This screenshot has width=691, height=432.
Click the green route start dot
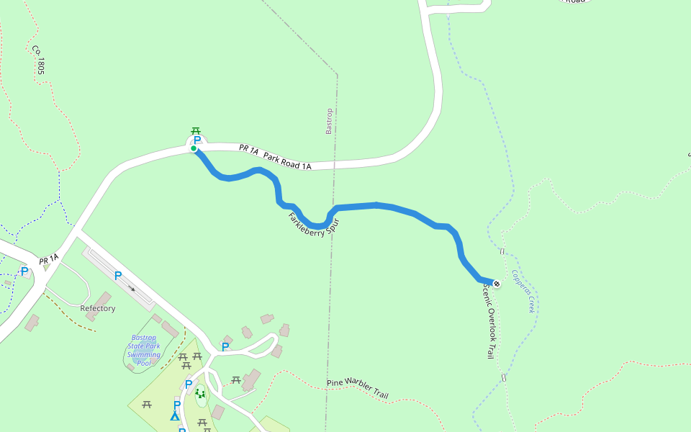[194, 149]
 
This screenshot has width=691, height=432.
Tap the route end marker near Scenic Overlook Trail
[496, 284]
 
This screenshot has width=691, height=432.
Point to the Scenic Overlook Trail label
[488, 321]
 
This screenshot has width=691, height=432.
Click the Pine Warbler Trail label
[358, 389]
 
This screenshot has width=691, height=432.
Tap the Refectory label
[98, 308]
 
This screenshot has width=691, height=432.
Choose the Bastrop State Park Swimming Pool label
[144, 350]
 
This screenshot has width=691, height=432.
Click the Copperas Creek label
[523, 290]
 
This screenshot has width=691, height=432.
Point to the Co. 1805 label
[38, 60]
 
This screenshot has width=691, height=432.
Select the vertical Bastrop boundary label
[329, 122]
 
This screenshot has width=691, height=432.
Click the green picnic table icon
[196, 131]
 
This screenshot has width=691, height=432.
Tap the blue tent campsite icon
[174, 415]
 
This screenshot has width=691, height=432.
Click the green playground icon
[200, 393]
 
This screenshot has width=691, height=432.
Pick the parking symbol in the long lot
[118, 276]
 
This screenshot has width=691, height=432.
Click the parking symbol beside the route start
[197, 140]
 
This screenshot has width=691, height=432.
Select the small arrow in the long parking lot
[132, 288]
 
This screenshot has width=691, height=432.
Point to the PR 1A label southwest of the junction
[48, 259]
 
